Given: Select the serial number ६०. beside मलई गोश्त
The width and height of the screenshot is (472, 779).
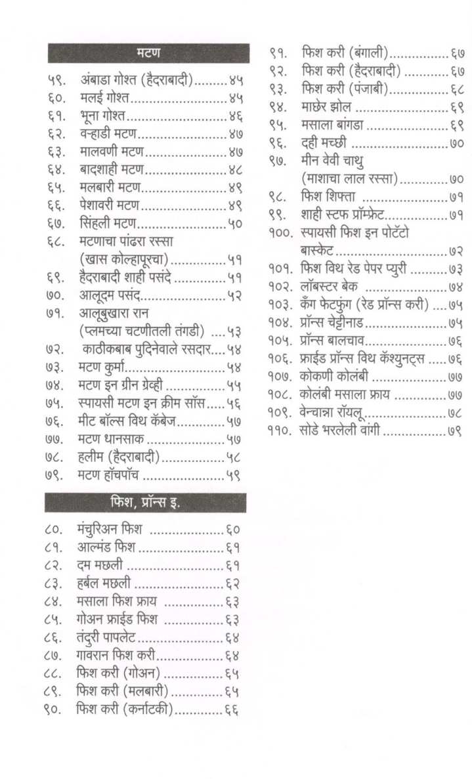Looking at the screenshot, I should [x=56, y=99].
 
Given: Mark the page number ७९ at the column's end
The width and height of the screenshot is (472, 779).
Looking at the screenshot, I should [x=457, y=431].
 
